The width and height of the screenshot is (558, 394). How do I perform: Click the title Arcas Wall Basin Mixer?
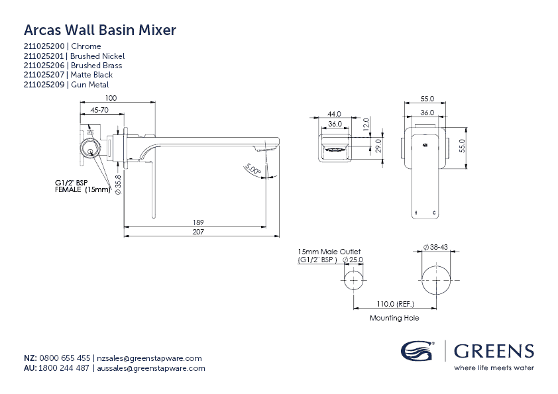[99, 30]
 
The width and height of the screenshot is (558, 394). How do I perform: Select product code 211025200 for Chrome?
[45, 46]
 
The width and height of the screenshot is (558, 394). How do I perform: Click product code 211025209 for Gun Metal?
[45, 85]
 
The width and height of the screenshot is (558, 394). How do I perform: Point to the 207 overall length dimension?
[199, 232]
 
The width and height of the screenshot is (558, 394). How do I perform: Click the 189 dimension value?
[199, 222]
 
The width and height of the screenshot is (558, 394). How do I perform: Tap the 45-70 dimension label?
[100, 111]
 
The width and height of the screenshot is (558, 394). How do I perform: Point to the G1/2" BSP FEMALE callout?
[81, 186]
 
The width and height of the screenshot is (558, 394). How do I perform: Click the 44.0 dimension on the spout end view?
[334, 114]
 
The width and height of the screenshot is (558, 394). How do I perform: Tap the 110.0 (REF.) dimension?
[396, 304]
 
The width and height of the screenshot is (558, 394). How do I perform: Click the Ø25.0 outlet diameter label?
[353, 260]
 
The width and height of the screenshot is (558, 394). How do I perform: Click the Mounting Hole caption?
[394, 318]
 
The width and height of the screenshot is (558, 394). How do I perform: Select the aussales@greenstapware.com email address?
[151, 368]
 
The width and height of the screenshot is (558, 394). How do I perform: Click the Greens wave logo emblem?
[417, 350]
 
